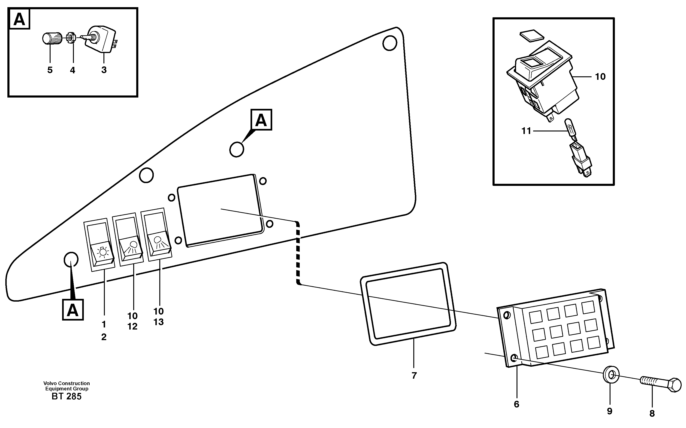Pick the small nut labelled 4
[71, 38]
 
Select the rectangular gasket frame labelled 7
[408, 304]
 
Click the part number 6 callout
[516, 404]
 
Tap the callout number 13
[159, 322]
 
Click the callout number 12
[132, 326]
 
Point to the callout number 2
[104, 337]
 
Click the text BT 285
[66, 397]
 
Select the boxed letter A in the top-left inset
[19, 19]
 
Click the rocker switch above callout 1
[99, 245]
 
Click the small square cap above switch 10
[532, 35]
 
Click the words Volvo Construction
[66, 383]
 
